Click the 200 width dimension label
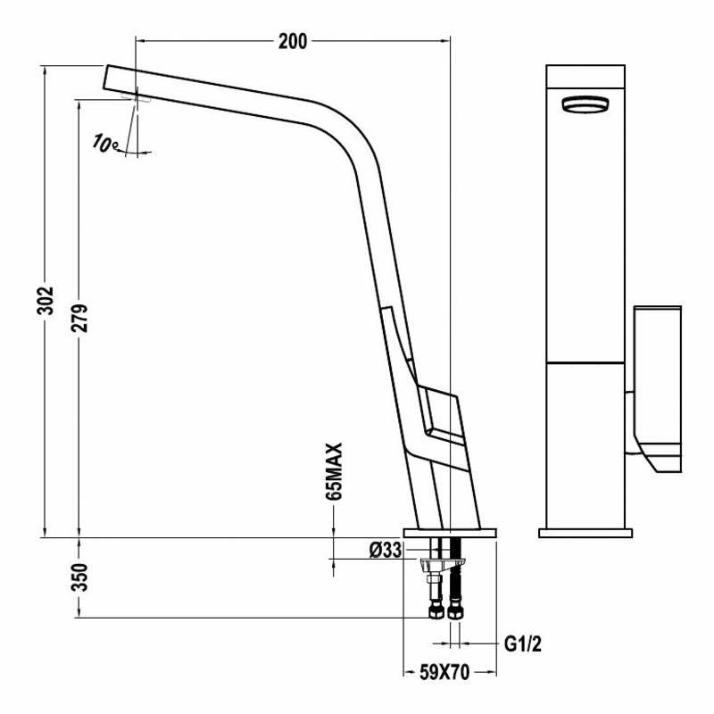point(292,41)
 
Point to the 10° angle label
point(104,143)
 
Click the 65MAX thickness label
point(336,471)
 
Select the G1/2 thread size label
point(522,643)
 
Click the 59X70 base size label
point(444,672)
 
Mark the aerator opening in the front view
point(585,104)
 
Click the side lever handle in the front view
point(657,384)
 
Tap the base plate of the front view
point(585,533)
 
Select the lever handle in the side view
point(437,415)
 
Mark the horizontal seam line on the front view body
point(585,362)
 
